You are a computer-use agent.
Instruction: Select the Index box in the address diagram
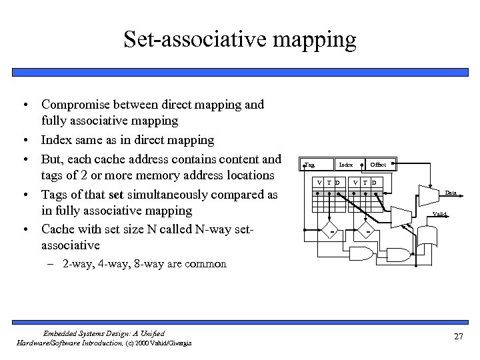tap(346, 164)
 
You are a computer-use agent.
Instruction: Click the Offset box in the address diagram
tap(379, 164)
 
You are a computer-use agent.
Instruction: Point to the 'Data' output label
tap(451, 193)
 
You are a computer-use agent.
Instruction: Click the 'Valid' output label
tap(440, 214)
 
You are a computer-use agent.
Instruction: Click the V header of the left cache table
tap(319, 183)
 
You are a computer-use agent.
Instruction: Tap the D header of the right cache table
tap(374, 183)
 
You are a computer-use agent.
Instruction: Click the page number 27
tap(458, 336)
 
